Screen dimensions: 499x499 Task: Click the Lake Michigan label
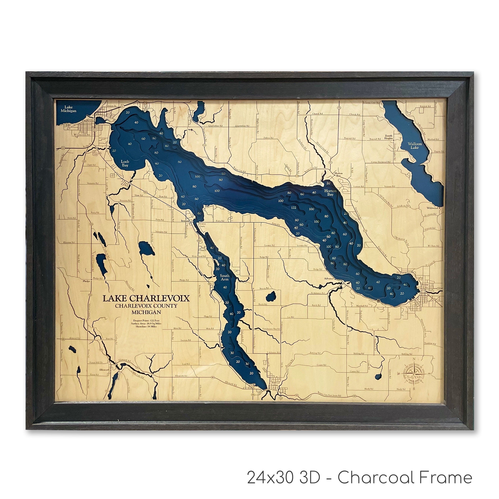pos(68,109)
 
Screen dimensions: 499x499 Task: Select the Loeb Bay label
pos(125,163)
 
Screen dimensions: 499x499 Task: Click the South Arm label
pos(224,277)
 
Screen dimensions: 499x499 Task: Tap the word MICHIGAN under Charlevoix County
pos(146,312)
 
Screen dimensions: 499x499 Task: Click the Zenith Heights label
pos(388,137)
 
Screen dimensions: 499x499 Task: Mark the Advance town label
pos(329,279)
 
